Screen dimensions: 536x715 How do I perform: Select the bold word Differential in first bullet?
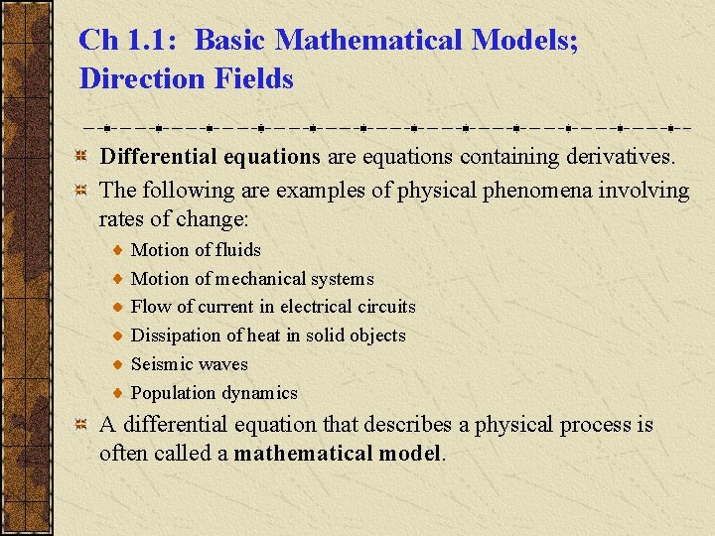coord(158,157)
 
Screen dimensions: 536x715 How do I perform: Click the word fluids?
coord(237,250)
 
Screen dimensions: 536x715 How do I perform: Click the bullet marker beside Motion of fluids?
coord(118,250)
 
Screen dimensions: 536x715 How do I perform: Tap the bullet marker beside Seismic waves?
coord(118,364)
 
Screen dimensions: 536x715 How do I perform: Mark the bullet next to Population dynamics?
coord(118,393)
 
